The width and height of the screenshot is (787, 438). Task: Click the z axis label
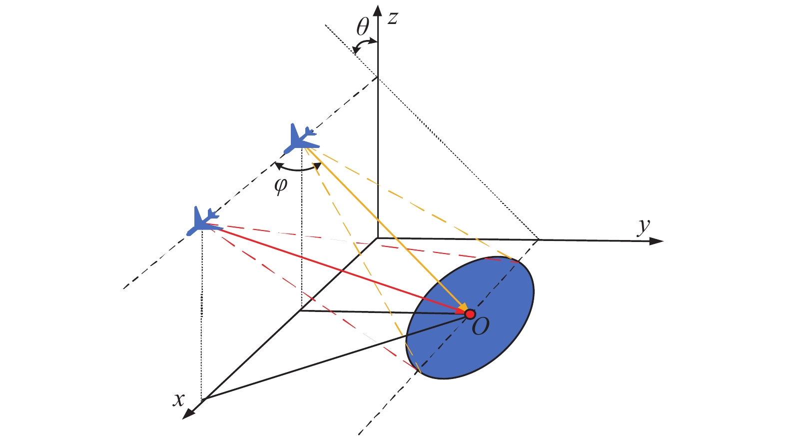click(x=393, y=18)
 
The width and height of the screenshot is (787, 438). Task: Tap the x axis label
click(x=178, y=399)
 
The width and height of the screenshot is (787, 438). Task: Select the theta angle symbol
click(x=363, y=26)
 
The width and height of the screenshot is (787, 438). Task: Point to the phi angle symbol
click(x=281, y=185)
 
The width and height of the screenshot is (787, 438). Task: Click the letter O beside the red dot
click(x=480, y=326)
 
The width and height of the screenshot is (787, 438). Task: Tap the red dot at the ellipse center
click(x=470, y=314)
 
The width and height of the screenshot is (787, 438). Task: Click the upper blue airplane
click(x=301, y=139)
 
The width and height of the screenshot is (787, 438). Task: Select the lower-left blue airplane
click(x=204, y=221)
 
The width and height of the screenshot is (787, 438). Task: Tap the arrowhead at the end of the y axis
click(x=656, y=241)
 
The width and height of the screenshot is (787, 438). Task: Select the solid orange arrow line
click(x=387, y=229)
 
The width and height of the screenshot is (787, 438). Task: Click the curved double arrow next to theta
click(x=365, y=45)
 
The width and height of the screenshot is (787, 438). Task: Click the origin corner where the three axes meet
click(x=378, y=238)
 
